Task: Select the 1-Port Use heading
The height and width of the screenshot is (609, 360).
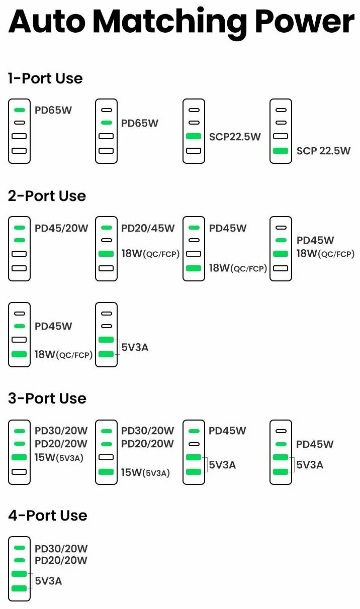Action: (x=45, y=78)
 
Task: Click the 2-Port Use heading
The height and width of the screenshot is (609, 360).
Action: (x=47, y=196)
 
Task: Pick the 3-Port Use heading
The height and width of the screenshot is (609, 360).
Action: (x=47, y=398)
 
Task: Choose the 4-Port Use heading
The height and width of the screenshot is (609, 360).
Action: (x=48, y=516)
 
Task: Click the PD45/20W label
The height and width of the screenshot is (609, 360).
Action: (x=61, y=228)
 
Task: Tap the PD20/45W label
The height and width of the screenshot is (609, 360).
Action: (x=148, y=228)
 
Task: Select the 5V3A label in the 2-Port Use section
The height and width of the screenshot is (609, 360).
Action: (x=135, y=347)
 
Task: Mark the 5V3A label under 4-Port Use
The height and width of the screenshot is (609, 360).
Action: (x=48, y=581)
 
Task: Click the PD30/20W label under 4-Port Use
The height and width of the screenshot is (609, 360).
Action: (x=61, y=549)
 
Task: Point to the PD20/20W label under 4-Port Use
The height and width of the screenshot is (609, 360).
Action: (x=61, y=560)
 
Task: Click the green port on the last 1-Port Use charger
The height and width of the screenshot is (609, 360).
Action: (x=281, y=151)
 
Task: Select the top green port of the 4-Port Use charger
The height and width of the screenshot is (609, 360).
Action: (x=19, y=548)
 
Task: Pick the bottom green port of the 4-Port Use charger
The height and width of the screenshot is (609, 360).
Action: (x=19, y=588)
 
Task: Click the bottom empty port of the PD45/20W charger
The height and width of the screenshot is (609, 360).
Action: (x=19, y=268)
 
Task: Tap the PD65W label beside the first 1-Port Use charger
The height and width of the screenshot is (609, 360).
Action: (x=53, y=110)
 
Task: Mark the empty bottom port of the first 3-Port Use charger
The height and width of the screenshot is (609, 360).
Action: (x=19, y=472)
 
